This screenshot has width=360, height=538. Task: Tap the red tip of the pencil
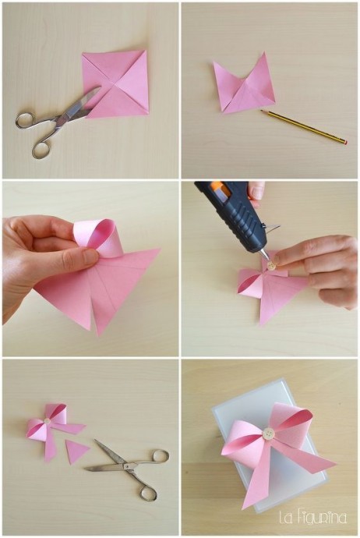point(345,142)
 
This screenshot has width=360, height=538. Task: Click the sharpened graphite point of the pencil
point(261,111)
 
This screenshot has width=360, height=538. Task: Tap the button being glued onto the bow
point(271,265)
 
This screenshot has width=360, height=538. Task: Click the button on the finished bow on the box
point(269,435)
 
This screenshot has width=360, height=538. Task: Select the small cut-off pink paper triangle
point(76,451)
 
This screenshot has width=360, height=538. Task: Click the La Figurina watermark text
point(313,518)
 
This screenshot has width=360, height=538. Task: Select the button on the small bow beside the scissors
point(48,421)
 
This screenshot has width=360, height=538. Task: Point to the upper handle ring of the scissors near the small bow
point(160,456)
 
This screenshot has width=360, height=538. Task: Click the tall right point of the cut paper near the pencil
point(264,55)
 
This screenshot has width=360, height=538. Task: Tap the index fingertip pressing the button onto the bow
point(278,259)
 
